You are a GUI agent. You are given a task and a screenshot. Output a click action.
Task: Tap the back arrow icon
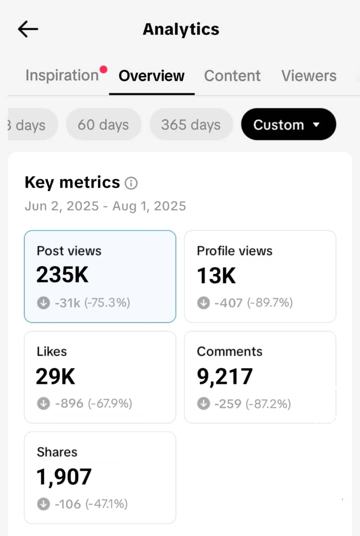pos(28,29)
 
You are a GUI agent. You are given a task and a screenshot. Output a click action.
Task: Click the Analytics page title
pos(181,29)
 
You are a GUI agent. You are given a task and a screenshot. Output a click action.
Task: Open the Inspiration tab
pos(62,75)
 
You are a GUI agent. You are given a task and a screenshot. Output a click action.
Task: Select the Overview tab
pos(151,76)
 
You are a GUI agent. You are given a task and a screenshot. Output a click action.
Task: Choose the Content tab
pos(232,76)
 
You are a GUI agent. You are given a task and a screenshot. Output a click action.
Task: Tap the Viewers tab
pos(309,76)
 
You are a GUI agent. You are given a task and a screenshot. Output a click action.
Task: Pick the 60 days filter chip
pos(103,125)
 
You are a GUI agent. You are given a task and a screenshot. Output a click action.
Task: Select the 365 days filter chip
pos(191,125)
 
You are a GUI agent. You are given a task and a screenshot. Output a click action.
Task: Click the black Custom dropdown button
pos(288,125)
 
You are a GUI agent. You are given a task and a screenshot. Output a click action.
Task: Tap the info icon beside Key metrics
pos(131,184)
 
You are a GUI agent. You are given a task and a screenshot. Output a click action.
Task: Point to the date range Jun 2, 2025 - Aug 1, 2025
pos(105,206)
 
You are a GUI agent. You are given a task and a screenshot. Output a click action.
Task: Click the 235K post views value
pos(62,275)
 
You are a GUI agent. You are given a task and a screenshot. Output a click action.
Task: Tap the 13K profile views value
pos(216,275)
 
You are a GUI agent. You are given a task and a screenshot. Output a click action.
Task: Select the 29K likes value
pos(55,377)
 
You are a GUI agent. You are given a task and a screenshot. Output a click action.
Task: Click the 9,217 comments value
pos(224,377)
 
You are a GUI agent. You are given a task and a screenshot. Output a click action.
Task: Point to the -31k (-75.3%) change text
pos(92,303)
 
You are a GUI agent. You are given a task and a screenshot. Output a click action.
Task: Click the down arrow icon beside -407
pos(204,303)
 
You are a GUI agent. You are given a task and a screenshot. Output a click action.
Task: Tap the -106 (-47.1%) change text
pos(91,504)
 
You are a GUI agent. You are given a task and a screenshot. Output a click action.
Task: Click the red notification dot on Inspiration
pos(103,69)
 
